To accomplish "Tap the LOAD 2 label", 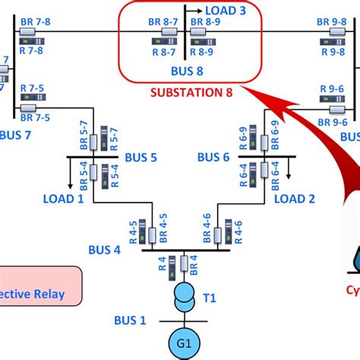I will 294,199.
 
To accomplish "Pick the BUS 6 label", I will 213,157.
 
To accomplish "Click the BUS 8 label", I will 188,73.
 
